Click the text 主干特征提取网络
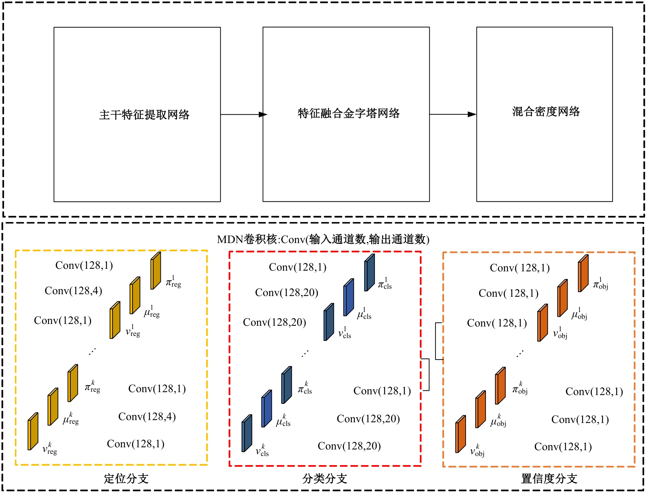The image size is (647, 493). coord(144,115)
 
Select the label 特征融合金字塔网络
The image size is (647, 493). coord(349,113)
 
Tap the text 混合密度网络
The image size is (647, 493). coord(546,111)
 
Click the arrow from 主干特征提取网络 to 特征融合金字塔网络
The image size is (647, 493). coord(243,115)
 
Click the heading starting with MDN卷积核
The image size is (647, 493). coord(323,239)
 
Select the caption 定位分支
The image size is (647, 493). coord(126,478)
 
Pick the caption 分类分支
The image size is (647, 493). coord(325,478)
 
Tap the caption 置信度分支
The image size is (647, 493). coord(549,478)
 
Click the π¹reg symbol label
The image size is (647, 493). coord(173,282)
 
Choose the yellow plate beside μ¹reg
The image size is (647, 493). coord(135,295)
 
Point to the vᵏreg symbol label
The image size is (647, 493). coord(50,449)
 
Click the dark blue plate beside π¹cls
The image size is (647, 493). coord(369,272)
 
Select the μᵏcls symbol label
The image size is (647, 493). coord(283,421)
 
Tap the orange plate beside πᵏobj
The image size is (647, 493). coord(500,386)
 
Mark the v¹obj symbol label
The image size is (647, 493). coord(560,333)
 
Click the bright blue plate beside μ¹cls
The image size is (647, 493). coord(349,297)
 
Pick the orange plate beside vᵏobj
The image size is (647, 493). coord(461,434)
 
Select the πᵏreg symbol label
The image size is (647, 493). coord(92,387)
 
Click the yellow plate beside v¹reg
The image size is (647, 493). coord(115,320)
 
